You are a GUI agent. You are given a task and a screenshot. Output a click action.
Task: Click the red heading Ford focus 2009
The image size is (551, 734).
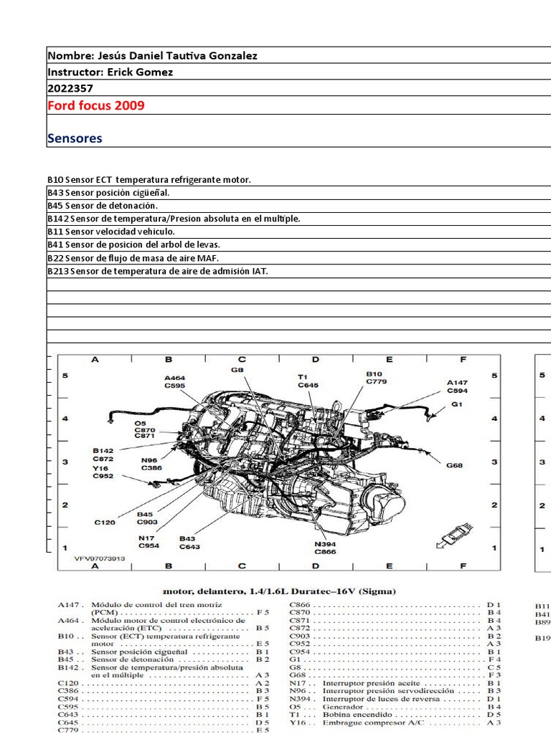coord(95,105)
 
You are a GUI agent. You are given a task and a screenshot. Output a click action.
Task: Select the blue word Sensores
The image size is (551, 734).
coord(75,138)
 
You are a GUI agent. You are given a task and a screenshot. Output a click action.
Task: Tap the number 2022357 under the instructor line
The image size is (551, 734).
coord(70,88)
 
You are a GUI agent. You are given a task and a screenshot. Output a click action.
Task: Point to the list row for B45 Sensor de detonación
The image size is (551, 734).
coord(103,206)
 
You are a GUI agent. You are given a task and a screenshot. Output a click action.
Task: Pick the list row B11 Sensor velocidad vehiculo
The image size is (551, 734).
coord(111,232)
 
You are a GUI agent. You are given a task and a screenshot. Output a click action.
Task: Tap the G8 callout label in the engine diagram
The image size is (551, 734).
coord(237,370)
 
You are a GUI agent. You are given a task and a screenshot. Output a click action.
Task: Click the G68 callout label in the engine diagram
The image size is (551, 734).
coord(455,465)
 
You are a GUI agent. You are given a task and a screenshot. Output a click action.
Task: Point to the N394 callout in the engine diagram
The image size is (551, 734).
coord(325,543)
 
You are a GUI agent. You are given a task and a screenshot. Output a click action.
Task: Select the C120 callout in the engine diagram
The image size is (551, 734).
coord(105,523)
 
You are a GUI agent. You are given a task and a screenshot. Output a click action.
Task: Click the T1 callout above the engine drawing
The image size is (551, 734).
coord(303,376)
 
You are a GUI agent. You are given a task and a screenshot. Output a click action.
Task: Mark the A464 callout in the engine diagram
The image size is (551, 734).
coord(174,377)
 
